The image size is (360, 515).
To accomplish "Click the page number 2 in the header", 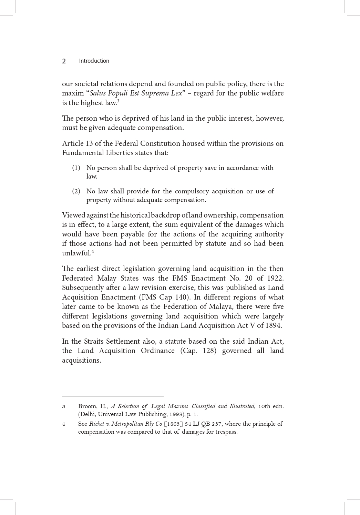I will pyautogui.click(x=64, y=61).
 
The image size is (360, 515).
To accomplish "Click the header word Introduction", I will pyautogui.click(x=94, y=61).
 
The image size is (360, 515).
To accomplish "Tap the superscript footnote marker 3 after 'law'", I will pyautogui.click(x=118, y=101).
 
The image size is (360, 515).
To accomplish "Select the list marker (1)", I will pyautogui.click(x=76, y=168).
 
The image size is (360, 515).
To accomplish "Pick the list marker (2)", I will pyautogui.click(x=76, y=191).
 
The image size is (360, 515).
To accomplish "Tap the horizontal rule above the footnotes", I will pyautogui.click(x=113, y=396).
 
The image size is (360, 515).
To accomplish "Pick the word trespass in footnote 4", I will pyautogui.click(x=226, y=432).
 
